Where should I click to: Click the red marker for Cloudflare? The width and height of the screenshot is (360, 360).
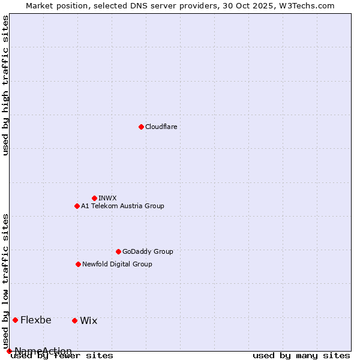click(x=141, y=127)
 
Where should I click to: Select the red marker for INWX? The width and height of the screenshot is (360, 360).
click(x=94, y=198)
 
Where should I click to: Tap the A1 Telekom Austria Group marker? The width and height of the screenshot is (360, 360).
click(x=77, y=206)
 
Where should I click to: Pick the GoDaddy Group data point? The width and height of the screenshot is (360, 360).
click(x=118, y=251)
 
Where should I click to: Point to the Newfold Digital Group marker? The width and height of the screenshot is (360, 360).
click(x=78, y=264)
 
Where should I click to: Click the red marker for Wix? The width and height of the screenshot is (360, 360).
click(x=74, y=320)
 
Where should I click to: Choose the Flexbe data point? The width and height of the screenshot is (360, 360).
click(x=15, y=320)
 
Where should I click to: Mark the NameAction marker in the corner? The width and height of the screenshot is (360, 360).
click(x=9, y=351)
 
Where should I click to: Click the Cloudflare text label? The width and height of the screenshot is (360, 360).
click(x=161, y=127)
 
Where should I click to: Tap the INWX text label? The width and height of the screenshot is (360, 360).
click(x=107, y=198)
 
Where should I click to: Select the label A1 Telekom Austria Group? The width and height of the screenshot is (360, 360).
click(x=122, y=206)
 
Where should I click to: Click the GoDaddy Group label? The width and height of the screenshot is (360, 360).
click(x=148, y=251)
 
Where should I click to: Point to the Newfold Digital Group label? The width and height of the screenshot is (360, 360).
click(x=117, y=264)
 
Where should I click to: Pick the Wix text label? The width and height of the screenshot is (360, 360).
click(x=88, y=320)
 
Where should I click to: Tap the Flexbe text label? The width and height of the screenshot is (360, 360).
click(x=35, y=320)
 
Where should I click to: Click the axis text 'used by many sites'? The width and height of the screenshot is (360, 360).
click(x=301, y=355)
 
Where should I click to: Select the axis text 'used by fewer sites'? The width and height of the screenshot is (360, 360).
click(x=62, y=355)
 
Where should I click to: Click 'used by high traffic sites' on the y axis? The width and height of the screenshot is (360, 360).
click(x=6, y=85)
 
